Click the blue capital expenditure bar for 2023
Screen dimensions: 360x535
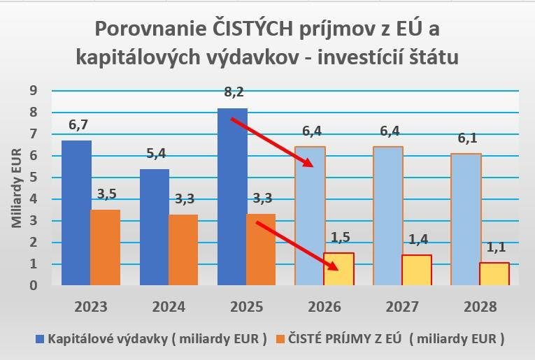[x=76, y=213]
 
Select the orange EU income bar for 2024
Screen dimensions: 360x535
[x=183, y=250]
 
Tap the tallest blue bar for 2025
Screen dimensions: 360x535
[x=232, y=196]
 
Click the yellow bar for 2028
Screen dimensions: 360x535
[x=494, y=273]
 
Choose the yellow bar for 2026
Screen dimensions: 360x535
[x=338, y=269]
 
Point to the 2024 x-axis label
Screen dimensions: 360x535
[x=168, y=307]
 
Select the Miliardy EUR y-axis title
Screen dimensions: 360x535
[x=17, y=187]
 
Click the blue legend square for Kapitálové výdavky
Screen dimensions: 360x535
[x=40, y=340]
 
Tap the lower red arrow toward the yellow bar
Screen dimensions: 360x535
[x=297, y=245]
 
